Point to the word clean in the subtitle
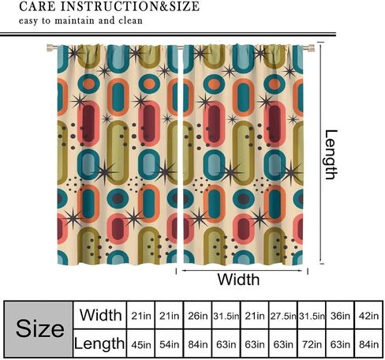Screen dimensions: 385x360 (x=130, y=21)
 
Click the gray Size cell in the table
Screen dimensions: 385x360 (x=39, y=329)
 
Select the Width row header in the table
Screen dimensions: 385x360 (x=100, y=315)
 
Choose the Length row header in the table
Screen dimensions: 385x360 (x=99, y=343)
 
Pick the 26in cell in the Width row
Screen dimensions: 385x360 (x=197, y=316)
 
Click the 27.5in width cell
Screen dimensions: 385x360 (x=283, y=316)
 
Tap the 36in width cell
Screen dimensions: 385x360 (x=340, y=316)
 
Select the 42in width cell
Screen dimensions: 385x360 (x=368, y=316)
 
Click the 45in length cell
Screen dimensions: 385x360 (x=141, y=344)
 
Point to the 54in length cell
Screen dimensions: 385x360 (x=169, y=344)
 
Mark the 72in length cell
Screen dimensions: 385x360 (x=312, y=344)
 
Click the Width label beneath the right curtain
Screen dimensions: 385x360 (x=238, y=279)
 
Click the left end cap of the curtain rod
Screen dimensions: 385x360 (x=49, y=48)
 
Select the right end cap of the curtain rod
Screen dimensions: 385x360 (x=311, y=48)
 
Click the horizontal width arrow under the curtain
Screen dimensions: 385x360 (x=241, y=271)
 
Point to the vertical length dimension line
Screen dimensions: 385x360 (x=321, y=152)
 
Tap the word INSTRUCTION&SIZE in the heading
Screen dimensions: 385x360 (x=130, y=6)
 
